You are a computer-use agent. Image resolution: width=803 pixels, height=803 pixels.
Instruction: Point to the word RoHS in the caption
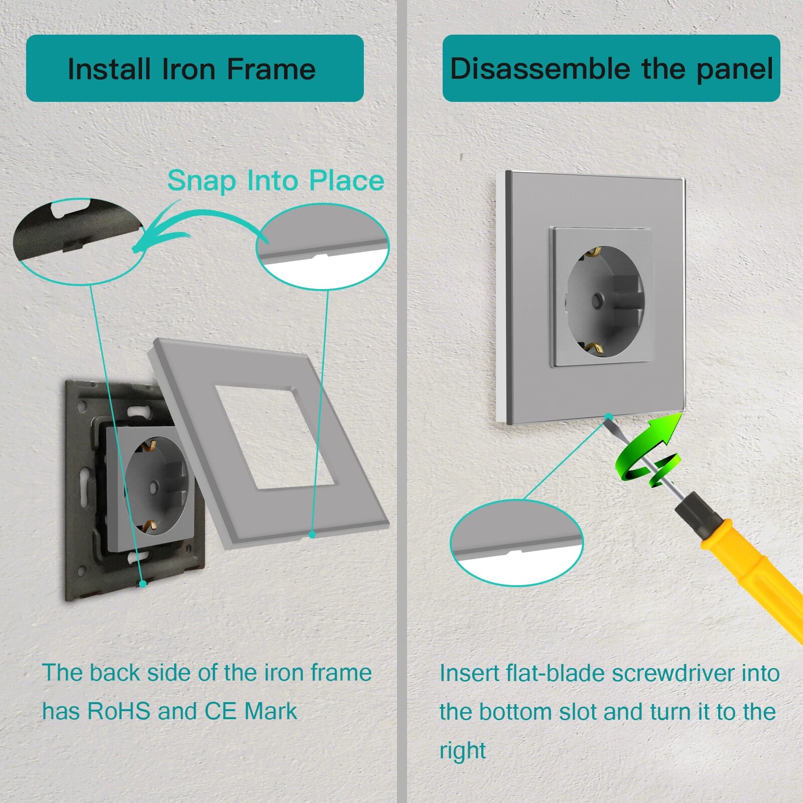pyautogui.click(x=119, y=711)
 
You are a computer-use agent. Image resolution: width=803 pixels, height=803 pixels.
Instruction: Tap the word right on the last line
pyautogui.click(x=463, y=751)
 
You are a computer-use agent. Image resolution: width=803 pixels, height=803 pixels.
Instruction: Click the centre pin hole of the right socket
pyautogui.click(x=597, y=301)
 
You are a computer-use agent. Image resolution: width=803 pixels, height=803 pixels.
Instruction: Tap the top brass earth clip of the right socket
pyautogui.click(x=591, y=251)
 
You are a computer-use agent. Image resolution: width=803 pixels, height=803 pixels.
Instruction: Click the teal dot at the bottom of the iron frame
pyautogui.click(x=143, y=584)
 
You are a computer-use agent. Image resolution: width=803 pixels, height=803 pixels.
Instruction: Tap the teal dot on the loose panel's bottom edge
pyautogui.click(x=312, y=535)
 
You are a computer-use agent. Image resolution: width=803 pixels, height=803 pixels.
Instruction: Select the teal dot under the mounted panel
pyautogui.click(x=609, y=417)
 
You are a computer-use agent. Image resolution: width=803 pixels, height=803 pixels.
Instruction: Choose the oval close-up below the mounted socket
pyautogui.click(x=517, y=543)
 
